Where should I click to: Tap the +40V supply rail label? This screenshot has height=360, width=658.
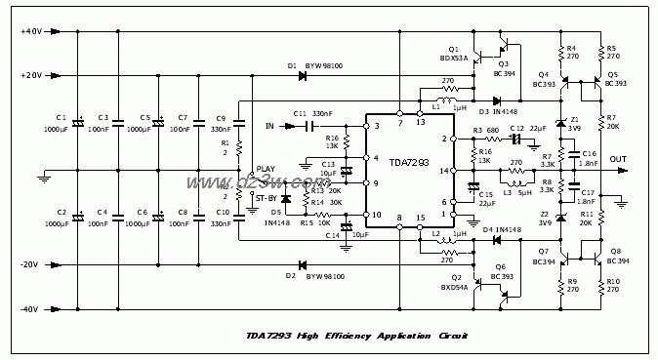30,31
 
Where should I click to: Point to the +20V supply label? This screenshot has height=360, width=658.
30,75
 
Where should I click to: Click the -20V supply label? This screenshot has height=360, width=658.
30,265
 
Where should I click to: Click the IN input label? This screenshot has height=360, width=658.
270,126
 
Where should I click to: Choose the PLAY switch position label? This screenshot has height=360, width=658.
266,169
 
